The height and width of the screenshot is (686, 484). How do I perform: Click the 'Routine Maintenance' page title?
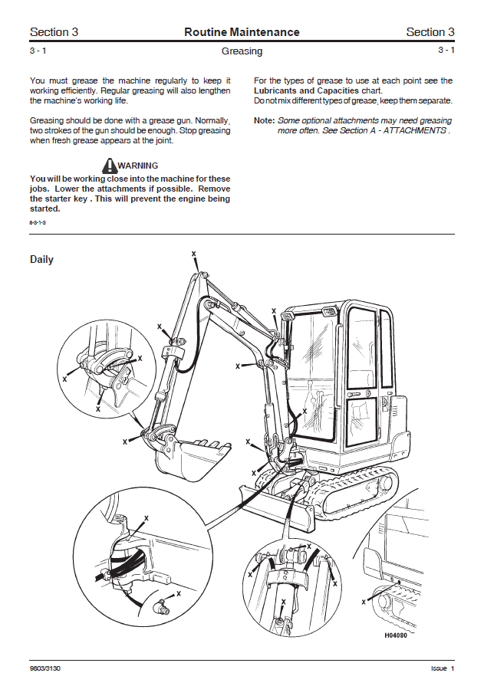(242, 32)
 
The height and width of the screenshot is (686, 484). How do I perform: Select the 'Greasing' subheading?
(242, 51)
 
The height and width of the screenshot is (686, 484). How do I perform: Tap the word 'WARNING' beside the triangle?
(138, 165)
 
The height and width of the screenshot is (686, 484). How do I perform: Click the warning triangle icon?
(110, 165)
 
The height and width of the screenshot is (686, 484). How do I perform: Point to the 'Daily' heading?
(41, 259)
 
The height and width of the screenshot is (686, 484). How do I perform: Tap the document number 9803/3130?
(44, 668)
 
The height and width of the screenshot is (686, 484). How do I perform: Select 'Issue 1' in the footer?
(442, 668)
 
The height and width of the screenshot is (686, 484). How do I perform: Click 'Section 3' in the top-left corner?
(54, 32)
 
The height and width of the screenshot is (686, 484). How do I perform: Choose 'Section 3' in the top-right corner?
(430, 32)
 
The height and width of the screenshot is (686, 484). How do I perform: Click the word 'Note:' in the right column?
(264, 120)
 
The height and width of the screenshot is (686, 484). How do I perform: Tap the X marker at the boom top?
(193, 253)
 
